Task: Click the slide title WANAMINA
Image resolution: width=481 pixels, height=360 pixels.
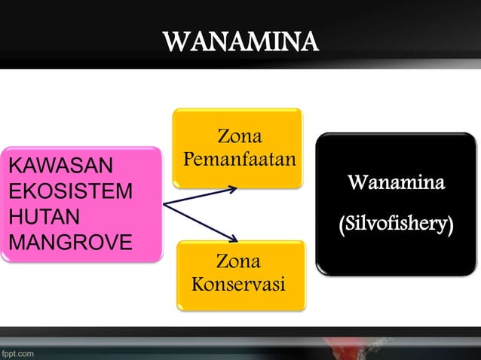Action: point(241,41)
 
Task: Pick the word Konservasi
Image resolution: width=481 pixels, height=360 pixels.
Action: point(238,286)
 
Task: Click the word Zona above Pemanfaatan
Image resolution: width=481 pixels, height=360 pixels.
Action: point(239,137)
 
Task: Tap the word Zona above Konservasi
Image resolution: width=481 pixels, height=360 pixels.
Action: point(238,262)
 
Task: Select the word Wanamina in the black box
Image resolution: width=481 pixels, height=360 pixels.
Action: point(396,183)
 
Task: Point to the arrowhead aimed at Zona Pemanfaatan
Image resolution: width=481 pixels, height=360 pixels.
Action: point(234,188)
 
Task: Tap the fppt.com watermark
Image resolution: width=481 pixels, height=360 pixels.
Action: point(17,352)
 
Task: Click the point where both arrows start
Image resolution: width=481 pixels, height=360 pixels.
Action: point(164,203)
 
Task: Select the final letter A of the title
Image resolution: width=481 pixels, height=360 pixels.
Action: point(309,41)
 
